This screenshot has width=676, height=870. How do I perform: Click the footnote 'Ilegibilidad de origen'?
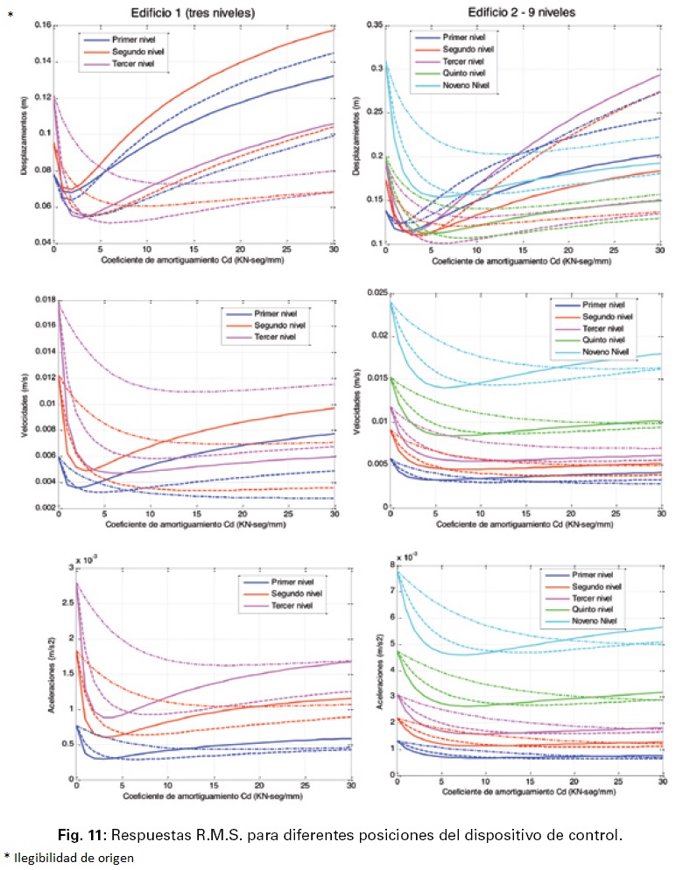click(74, 858)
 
